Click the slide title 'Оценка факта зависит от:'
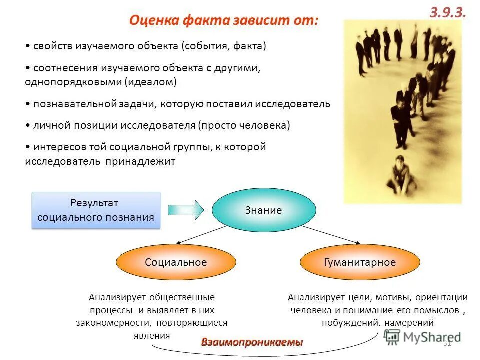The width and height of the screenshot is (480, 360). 223,21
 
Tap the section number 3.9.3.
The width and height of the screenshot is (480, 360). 447,13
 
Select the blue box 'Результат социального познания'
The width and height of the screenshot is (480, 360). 96,210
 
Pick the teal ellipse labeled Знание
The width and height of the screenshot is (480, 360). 264,210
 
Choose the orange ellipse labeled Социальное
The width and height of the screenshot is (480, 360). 176,262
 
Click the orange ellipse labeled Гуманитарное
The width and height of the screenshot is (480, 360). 360,262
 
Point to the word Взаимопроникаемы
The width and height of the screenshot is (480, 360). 252,342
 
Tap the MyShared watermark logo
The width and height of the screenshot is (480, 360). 422,338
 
